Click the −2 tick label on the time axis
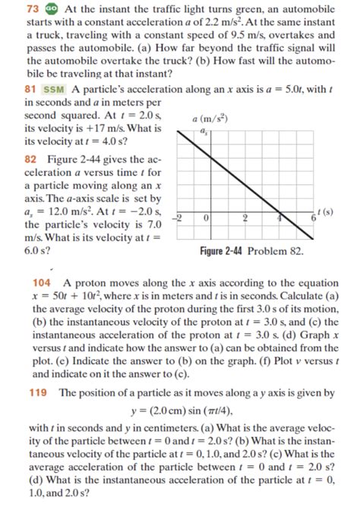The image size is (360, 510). (x=179, y=217)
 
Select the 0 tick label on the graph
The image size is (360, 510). (x=206, y=217)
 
